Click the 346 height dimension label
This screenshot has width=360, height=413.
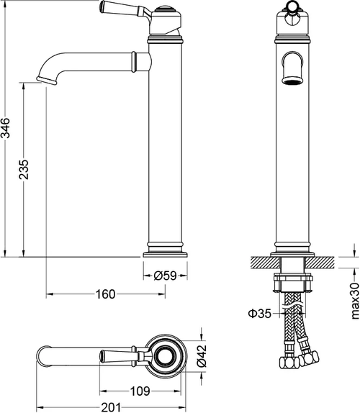6,128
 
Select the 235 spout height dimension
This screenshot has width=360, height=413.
24,169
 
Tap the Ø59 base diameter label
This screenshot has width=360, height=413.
166,276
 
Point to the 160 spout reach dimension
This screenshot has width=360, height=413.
105,294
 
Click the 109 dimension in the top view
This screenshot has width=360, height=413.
140,391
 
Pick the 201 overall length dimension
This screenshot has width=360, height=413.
111,407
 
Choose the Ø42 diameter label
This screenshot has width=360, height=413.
202,356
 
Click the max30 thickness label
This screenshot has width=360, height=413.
355,301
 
